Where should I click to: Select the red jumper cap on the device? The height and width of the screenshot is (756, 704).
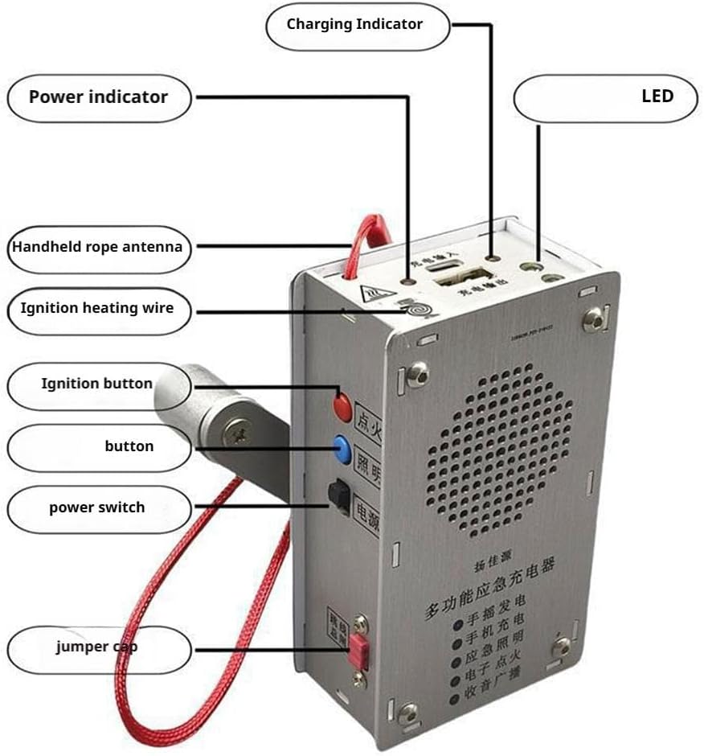(x=358, y=650)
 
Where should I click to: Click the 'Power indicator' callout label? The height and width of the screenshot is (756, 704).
(x=99, y=97)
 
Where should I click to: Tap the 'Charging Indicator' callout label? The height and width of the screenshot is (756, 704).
(x=355, y=24)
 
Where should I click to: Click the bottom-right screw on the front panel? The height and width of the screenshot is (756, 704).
(x=562, y=645)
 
